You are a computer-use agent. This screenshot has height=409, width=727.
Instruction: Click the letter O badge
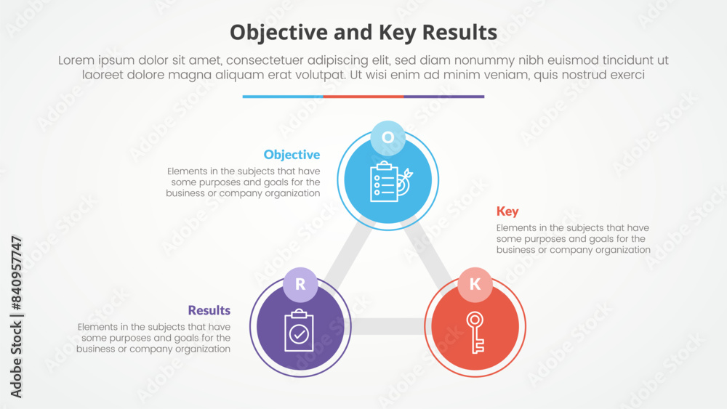coord(388,138)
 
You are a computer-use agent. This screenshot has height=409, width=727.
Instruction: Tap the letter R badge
coord(301,285)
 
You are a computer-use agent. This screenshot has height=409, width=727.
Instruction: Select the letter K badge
coord(475,285)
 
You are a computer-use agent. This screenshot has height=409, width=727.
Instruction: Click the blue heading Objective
coord(292,155)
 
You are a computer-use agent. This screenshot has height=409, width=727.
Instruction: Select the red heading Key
coord(507,211)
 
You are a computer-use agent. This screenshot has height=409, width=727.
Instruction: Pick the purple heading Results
coord(209,310)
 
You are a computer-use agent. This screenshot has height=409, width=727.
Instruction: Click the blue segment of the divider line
coord(283,96)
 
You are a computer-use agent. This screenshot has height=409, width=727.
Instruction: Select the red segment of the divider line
coord(363,96)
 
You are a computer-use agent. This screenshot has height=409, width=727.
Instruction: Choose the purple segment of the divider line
coord(444,96)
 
